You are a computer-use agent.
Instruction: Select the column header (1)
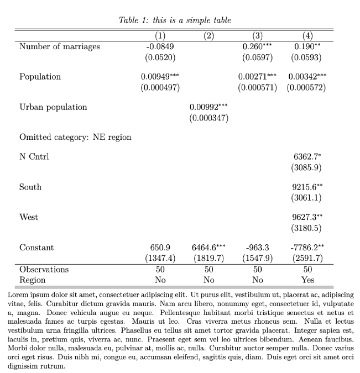click(x=160, y=36)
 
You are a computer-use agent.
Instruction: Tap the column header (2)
click(x=208, y=36)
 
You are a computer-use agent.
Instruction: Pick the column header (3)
click(x=257, y=36)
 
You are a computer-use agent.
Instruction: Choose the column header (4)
click(x=306, y=36)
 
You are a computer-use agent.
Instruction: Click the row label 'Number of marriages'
click(x=60, y=46)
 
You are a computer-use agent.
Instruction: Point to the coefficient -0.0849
click(x=160, y=46)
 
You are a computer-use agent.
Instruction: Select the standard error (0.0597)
click(x=257, y=57)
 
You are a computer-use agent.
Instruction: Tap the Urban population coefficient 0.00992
click(x=205, y=107)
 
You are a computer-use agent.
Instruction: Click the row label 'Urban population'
click(x=53, y=107)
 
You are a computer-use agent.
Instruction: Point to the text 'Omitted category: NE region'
click(x=75, y=136)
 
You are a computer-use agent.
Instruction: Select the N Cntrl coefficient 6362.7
click(x=304, y=156)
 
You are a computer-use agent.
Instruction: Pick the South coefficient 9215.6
click(x=304, y=187)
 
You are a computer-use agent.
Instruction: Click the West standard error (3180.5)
click(x=306, y=228)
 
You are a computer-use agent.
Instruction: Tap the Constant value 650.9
click(x=160, y=248)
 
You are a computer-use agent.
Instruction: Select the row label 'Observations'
click(x=44, y=269)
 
